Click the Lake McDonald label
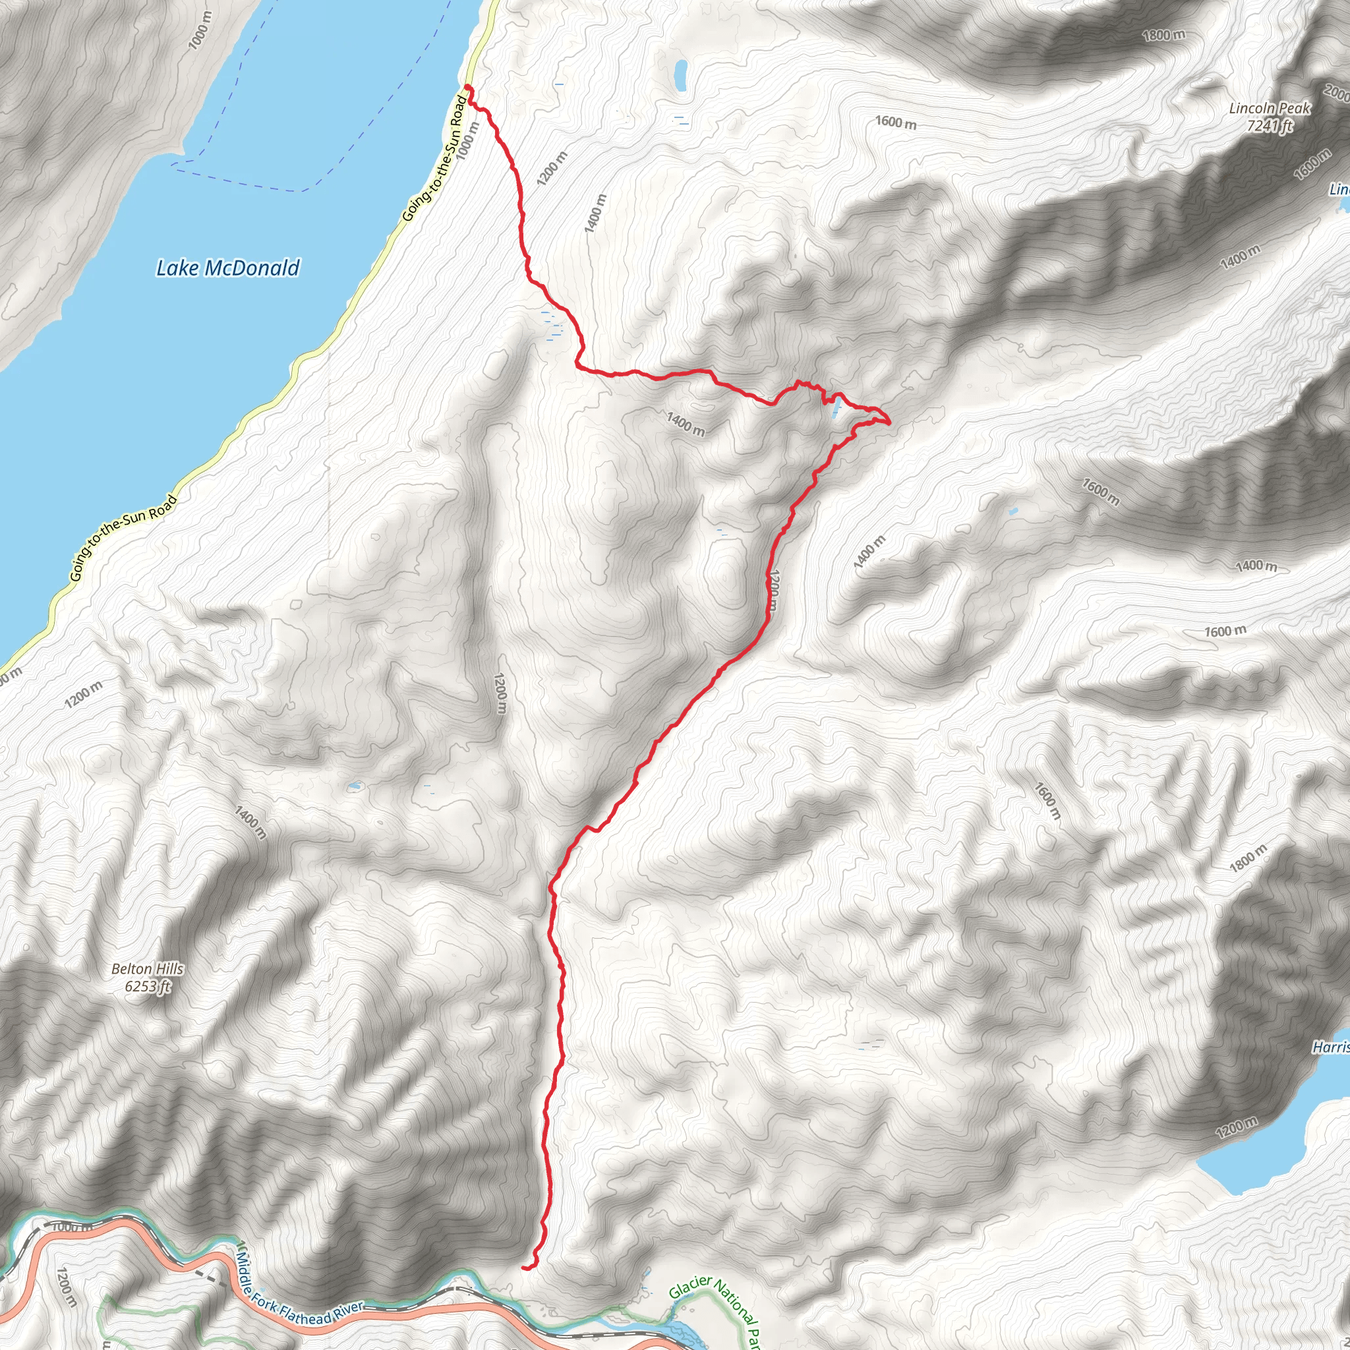tap(228, 268)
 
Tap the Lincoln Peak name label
tap(1270, 109)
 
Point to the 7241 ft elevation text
tap(1270, 127)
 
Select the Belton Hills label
tap(148, 969)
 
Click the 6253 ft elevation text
tap(148, 987)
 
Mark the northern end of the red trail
tap(467, 88)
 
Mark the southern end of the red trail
tap(524, 1267)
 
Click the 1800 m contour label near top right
tap(1163, 34)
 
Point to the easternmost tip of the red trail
tap(889, 422)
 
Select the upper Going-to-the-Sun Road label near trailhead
tap(434, 160)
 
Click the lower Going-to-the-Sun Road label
tap(123, 538)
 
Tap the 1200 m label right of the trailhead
tap(552, 168)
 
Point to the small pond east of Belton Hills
tap(356, 788)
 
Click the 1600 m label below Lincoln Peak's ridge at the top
tap(896, 123)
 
